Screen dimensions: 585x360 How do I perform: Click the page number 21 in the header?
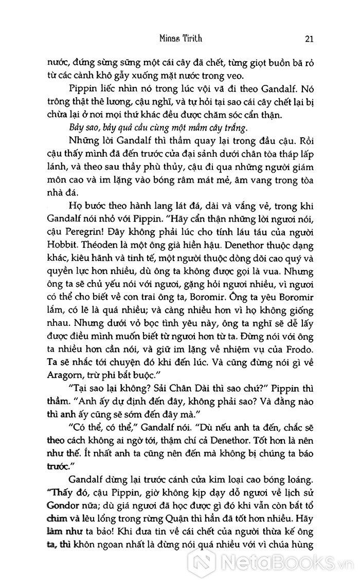click(309, 39)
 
